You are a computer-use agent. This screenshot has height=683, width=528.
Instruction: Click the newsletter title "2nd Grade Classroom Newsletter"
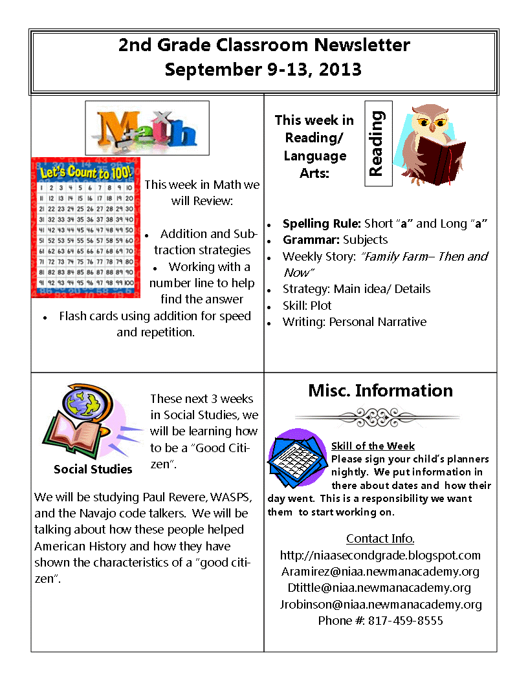coord(264,45)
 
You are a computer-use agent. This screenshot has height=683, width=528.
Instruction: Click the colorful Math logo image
coord(148,128)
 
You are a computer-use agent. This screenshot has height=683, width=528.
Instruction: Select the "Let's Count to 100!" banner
coord(86,173)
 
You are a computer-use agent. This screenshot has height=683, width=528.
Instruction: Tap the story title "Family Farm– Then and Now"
coord(386,264)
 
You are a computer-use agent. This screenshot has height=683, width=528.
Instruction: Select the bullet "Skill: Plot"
coord(307,305)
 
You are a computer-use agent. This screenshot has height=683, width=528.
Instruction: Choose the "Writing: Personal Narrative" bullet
coord(354,321)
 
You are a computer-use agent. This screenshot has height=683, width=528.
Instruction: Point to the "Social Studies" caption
coord(93,469)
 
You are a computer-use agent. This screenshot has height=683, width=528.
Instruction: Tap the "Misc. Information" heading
coord(380,391)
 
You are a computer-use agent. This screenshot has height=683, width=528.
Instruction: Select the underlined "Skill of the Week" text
coord(373,446)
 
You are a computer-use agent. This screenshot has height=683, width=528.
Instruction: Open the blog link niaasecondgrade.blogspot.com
coord(380,555)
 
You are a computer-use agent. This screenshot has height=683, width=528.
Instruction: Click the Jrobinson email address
coord(380,604)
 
